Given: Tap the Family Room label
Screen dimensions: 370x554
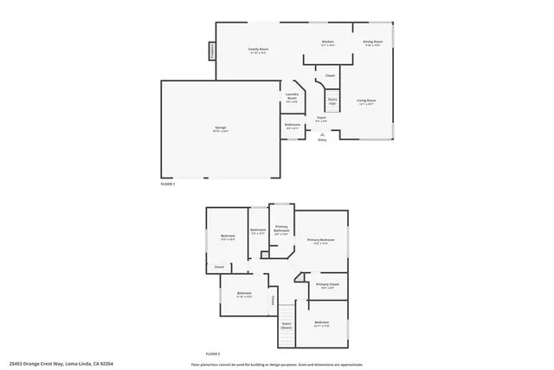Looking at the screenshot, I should [x=257, y=50].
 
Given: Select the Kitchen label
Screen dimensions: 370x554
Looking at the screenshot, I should [x=328, y=42].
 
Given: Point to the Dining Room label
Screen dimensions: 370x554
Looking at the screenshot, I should [x=372, y=42].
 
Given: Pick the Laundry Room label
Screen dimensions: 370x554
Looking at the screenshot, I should [x=292, y=99].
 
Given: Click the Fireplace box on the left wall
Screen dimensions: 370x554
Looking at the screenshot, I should [x=210, y=51].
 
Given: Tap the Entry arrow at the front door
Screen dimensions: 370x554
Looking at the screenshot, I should [x=322, y=135].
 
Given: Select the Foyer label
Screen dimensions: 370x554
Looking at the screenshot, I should [x=320, y=118].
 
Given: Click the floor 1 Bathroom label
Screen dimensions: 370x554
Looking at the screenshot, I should [x=293, y=126].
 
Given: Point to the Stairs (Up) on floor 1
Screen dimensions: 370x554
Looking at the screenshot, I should [x=332, y=101].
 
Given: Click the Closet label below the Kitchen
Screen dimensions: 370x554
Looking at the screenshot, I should [x=330, y=76].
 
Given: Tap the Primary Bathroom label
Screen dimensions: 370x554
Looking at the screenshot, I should [x=281, y=231].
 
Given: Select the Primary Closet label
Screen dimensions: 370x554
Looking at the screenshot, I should [x=327, y=285].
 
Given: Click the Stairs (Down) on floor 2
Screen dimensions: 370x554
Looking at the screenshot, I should [x=286, y=326].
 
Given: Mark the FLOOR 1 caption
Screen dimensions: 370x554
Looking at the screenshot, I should [x=168, y=184].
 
